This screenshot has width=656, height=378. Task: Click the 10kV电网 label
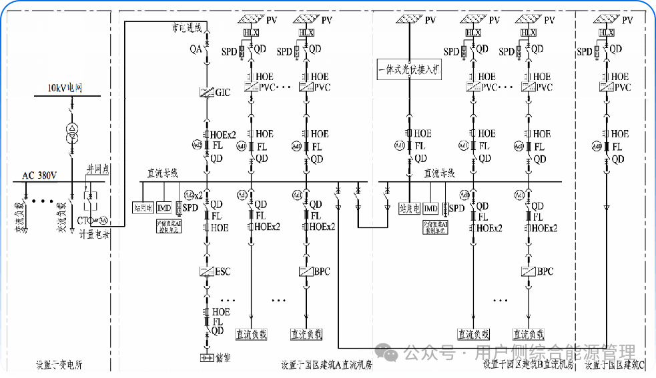64,88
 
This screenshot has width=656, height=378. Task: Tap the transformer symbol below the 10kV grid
71,132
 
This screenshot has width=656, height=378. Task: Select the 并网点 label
97,169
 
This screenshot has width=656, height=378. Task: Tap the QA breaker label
196,49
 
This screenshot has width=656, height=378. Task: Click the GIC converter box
206,93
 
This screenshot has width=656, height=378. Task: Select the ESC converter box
206,271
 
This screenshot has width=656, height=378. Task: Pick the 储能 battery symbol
206,358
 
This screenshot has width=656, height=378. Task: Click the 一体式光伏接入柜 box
409,69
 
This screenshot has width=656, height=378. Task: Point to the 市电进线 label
186,28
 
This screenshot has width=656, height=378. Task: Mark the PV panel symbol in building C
606,20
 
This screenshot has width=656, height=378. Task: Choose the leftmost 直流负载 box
252,334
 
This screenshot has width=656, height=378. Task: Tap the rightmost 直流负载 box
528,334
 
